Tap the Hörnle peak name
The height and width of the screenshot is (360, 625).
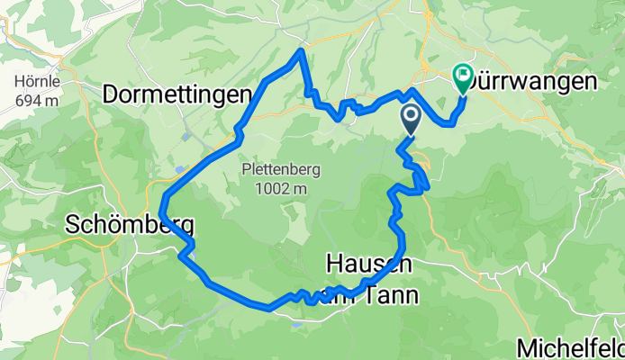coord(37,80)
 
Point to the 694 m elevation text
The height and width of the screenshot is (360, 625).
coord(37,100)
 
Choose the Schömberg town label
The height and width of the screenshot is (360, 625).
coord(129,224)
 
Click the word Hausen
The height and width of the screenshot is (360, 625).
coord(368,263)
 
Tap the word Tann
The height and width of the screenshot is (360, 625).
coord(390,294)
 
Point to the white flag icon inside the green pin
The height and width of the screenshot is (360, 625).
coord(464,75)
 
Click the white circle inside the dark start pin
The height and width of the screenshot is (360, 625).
coord(411,115)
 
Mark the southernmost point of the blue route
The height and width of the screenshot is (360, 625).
coord(268,308)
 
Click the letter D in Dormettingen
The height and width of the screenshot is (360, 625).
coord(113,93)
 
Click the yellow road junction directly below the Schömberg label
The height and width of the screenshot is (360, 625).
coord(105,249)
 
